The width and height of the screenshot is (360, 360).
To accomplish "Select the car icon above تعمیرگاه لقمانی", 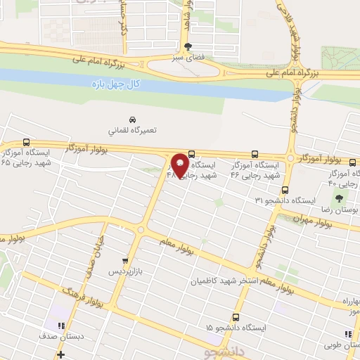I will tap(132, 120).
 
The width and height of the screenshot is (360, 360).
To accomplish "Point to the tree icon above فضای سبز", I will tap(186, 46).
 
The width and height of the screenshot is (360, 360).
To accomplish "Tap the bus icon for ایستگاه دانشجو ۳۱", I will tap(285, 190).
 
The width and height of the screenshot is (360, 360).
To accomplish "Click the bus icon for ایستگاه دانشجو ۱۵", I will tap(236, 317).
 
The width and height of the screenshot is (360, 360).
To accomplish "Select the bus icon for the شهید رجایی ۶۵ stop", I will tap(26, 141).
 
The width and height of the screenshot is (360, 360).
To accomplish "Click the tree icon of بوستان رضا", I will tap(349, 199).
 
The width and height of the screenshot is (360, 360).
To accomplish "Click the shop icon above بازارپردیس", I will tap(126, 259).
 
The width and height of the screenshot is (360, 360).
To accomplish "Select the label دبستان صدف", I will tap(67, 336).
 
